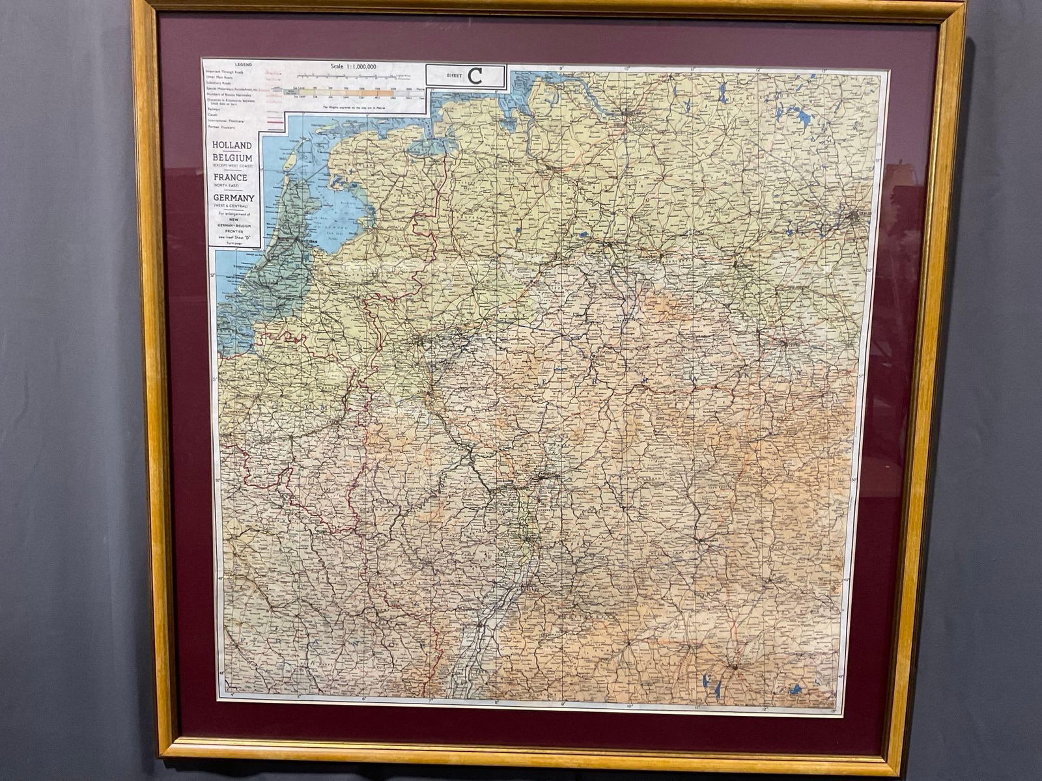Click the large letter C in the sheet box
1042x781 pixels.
point(475,76)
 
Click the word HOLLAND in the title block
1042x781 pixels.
point(232,145)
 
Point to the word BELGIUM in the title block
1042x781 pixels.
point(232,158)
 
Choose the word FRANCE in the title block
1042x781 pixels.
point(232,177)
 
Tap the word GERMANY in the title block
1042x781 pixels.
point(232,197)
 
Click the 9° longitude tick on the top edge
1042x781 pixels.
point(561,68)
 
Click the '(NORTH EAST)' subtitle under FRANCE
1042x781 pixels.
point(232,185)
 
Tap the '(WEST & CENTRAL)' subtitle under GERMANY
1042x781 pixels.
point(232,206)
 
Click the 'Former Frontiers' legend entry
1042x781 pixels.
point(222,127)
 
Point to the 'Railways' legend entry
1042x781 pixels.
point(214,109)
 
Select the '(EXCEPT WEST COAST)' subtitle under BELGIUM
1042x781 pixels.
point(232,166)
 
